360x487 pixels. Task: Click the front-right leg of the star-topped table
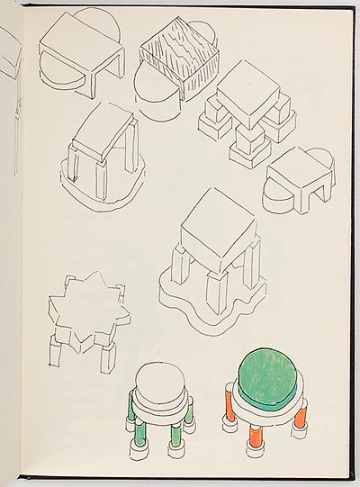107,358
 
